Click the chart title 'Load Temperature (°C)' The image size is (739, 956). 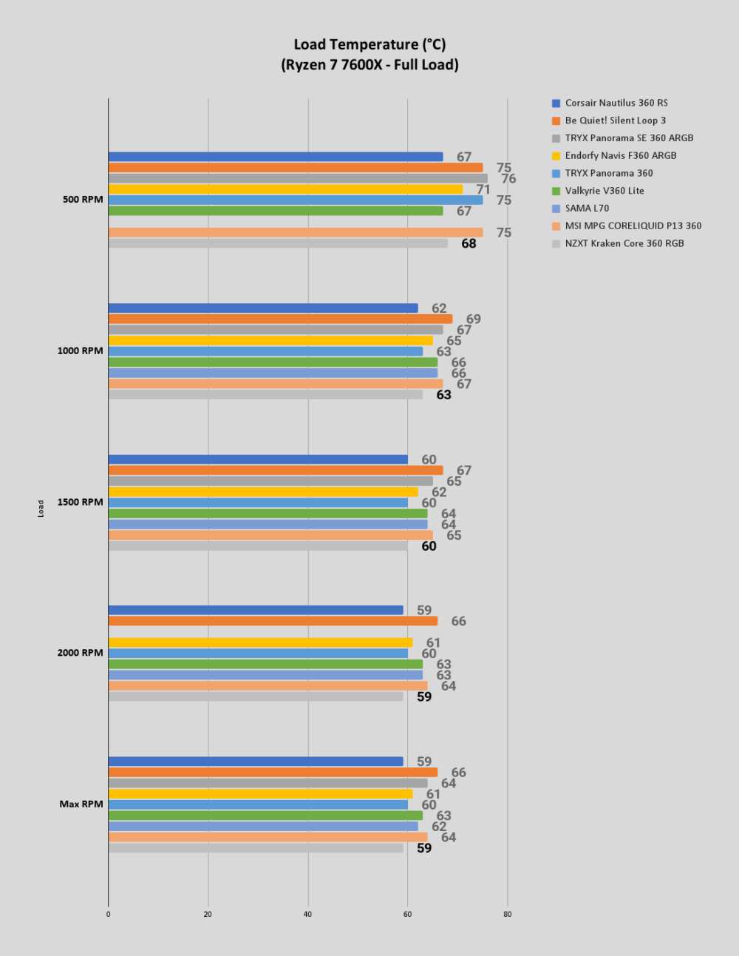coord(369,44)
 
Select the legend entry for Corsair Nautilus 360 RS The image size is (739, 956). coord(610,103)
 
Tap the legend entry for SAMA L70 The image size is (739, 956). coord(580,209)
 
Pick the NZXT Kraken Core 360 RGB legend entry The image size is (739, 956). coord(618,244)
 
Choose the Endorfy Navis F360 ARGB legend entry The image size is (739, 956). coord(614,156)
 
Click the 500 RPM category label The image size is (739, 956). coord(83,200)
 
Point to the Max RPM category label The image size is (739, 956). coord(81,804)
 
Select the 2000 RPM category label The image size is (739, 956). coord(80,653)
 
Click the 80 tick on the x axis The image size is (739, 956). coord(507,914)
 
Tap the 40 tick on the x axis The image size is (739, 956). coord(307,914)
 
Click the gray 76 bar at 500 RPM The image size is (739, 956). coord(298,178)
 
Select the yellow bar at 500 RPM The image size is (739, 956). coord(285,189)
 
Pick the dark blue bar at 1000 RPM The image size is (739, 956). coord(263,308)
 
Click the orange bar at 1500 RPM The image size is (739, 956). coord(276,470)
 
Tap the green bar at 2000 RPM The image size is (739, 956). coord(265,664)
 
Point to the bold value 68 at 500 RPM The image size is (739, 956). coord(469,244)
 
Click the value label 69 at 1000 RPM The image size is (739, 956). coord(474,319)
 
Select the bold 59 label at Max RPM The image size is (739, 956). coord(424,848)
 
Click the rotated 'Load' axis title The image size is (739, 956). coord(41,508)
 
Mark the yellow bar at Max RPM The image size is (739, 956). coord(260,794)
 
